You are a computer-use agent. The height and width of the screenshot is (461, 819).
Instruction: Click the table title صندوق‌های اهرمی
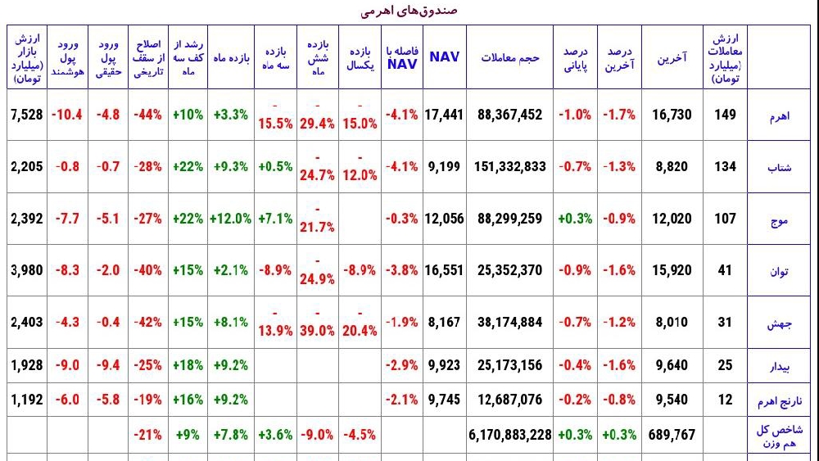409,11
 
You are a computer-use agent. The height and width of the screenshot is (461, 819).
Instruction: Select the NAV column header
445,56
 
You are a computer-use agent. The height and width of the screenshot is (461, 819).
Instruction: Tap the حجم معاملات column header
509,57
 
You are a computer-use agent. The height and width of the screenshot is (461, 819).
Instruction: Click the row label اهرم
779,115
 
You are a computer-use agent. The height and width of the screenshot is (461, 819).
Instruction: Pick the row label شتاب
780,168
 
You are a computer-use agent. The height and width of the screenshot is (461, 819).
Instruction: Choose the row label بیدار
779,367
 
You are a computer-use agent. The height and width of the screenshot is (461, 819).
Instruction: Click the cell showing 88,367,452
509,115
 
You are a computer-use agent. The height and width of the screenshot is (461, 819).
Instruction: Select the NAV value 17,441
445,115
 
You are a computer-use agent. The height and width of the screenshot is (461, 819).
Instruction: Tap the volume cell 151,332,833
509,166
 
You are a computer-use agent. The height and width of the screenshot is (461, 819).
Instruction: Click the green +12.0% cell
230,219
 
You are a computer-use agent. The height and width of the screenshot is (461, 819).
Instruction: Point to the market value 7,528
27,115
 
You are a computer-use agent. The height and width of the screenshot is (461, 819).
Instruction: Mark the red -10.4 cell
67,115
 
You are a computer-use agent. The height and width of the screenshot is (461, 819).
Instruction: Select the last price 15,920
672,270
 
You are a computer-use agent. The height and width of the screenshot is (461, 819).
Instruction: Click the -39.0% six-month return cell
317,322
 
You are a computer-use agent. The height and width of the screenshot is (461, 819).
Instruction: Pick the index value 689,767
672,434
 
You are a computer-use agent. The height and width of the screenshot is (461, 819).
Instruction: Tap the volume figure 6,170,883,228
509,434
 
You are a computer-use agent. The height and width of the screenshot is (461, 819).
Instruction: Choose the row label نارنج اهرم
780,401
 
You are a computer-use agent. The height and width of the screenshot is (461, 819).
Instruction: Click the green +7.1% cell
275,219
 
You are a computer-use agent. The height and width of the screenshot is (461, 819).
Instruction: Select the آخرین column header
672,58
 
